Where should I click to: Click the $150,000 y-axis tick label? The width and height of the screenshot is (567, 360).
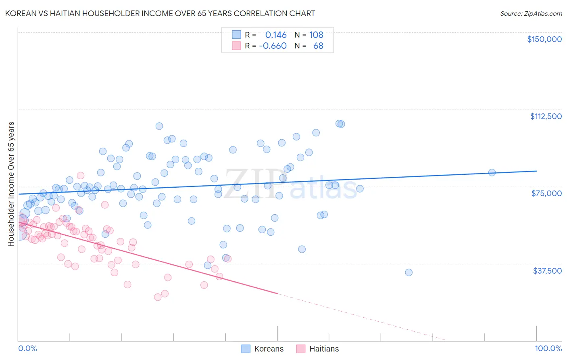click(544, 39)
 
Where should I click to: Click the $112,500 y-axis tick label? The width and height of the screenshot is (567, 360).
click(546, 116)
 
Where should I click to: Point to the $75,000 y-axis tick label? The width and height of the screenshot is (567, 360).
click(546, 193)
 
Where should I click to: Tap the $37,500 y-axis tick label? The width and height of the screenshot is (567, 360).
click(547, 271)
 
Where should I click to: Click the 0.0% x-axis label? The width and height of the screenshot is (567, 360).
click(27, 349)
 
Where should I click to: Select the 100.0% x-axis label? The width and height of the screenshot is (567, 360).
click(548, 349)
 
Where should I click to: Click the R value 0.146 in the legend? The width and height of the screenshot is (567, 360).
click(276, 35)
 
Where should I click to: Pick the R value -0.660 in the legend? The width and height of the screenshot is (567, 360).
click(273, 46)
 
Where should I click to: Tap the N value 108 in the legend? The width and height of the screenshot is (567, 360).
click(316, 35)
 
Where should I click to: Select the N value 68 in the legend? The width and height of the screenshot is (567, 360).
click(318, 46)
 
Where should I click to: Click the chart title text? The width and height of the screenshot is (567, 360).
click(160, 13)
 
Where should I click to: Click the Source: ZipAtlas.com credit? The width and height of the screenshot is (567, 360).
click(531, 13)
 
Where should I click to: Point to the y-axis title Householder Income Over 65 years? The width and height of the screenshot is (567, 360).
click(11, 184)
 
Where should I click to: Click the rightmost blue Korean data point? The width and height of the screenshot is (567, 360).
click(492, 173)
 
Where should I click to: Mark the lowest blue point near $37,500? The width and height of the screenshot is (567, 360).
click(409, 272)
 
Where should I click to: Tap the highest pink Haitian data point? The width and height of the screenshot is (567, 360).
click(81, 176)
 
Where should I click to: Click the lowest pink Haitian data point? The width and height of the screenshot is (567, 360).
click(158, 297)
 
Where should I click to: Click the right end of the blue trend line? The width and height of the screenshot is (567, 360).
click(536, 171)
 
